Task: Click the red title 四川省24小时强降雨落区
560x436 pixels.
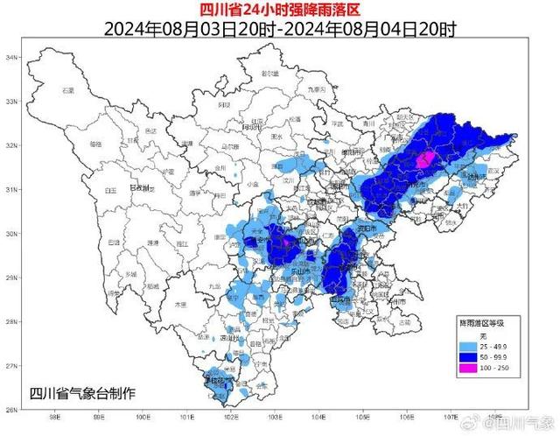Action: [x=279, y=10]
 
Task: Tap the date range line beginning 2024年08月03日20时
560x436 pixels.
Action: [x=279, y=29]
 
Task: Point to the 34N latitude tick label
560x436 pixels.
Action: [x=13, y=58]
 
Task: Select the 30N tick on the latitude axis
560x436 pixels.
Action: [x=13, y=234]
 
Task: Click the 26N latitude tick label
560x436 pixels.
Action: [x=13, y=409]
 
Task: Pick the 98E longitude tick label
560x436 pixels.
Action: [x=54, y=417]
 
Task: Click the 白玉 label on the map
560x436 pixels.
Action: [x=111, y=189]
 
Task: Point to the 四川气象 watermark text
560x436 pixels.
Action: [x=526, y=424]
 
